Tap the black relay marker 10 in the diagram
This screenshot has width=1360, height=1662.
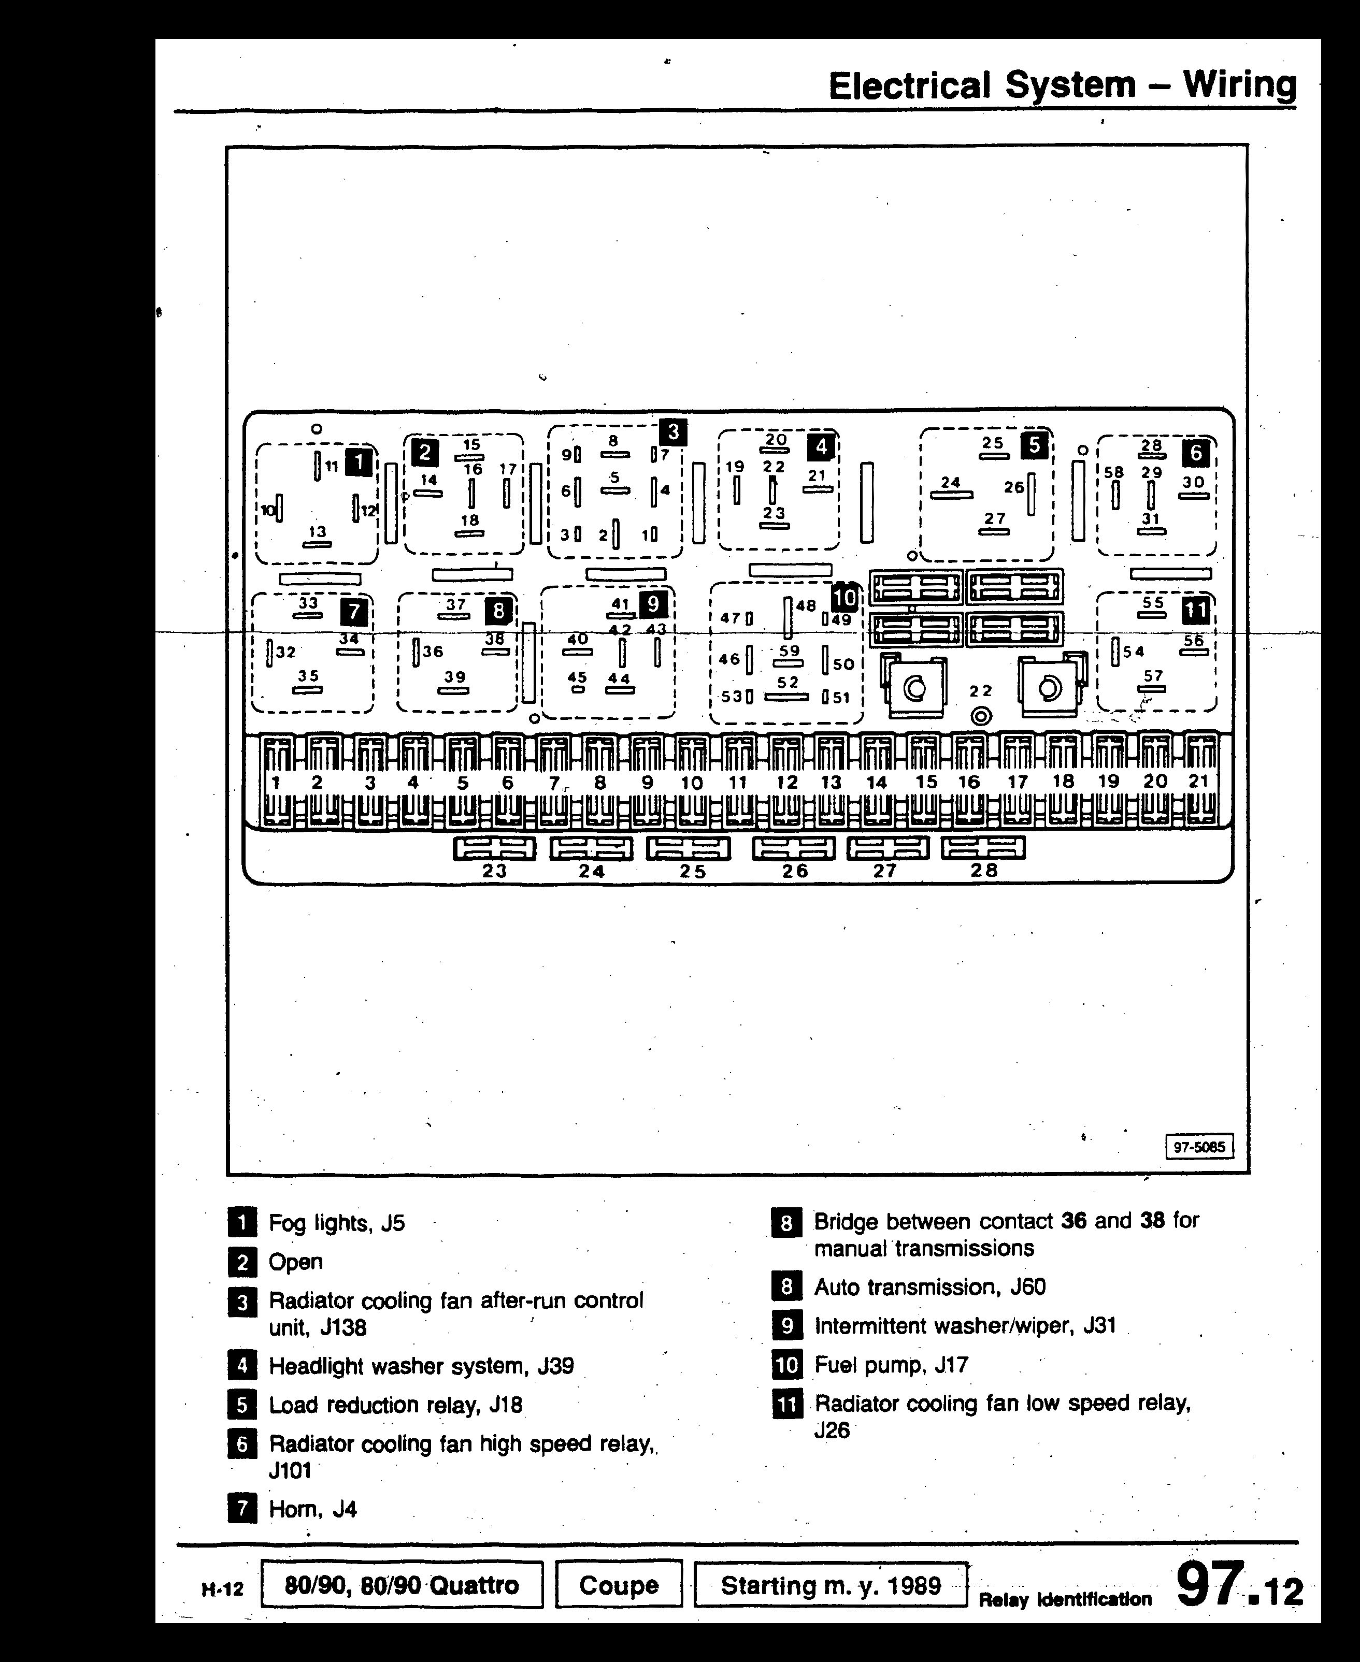pyautogui.click(x=844, y=598)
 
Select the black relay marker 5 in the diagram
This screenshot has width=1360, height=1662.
pyautogui.click(x=1034, y=445)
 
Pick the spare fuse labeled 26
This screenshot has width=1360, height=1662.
pyautogui.click(x=794, y=848)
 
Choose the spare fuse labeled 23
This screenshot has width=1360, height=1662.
pyautogui.click(x=494, y=848)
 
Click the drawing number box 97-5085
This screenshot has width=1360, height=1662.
pyautogui.click(x=1199, y=1147)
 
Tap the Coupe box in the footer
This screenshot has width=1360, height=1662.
pyautogui.click(x=619, y=1584)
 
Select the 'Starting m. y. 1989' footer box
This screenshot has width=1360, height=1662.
pyautogui.click(x=831, y=1584)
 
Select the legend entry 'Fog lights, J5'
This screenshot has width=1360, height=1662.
pyautogui.click(x=337, y=1223)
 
